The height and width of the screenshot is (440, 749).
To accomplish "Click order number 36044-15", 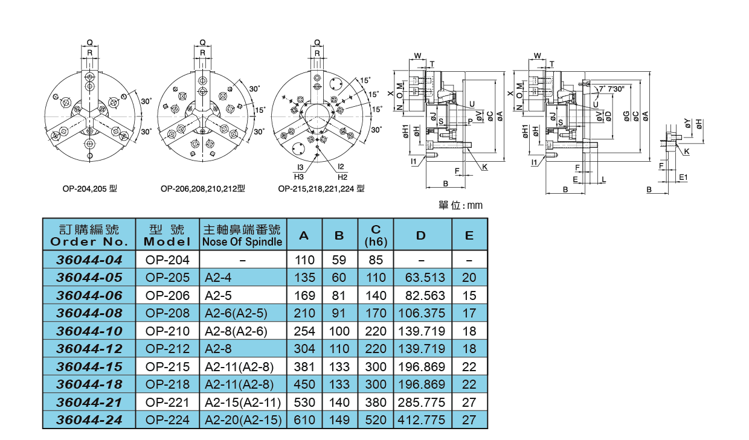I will coord(89,366).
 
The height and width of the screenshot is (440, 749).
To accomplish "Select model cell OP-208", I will coord(168,313).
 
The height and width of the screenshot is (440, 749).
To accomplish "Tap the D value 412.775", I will coord(421,420).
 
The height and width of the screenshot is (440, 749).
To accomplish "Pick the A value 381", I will coord(304,366).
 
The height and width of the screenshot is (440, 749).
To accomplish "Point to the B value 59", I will coord(339,260).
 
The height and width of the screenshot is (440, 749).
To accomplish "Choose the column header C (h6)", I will coord(376,236).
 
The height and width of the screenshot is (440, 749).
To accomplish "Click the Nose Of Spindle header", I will coord(242,236).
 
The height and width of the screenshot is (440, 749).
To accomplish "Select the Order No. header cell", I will coord(89,236).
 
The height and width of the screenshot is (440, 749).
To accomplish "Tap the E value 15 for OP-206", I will coord(469,296).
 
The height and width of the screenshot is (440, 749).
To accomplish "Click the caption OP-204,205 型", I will coord(89,188).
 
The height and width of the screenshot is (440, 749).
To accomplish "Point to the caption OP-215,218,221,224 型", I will coord(321,188).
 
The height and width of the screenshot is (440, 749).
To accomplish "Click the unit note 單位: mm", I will coord(460,206).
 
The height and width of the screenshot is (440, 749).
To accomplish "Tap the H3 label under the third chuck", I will coord(298,177).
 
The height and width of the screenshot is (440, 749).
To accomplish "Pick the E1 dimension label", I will coord(683,177).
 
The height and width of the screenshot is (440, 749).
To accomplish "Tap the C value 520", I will coord(376,420).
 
